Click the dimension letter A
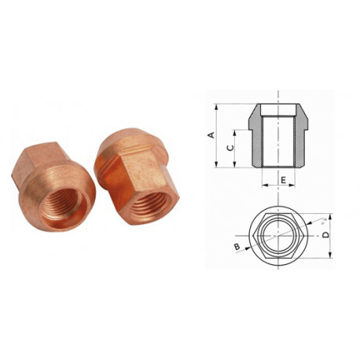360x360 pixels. coord(211,135)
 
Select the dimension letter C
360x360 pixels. coord(230,148)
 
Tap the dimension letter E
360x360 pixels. coord(283,180)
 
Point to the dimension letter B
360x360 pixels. coord(237,247)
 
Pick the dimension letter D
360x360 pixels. coord(325,235)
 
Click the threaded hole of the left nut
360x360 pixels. coord(64,204)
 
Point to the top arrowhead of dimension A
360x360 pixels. coord(216,107)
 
